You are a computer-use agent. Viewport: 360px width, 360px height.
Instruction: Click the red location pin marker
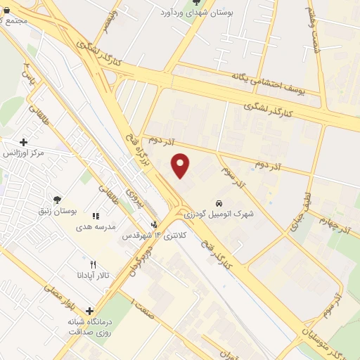(181, 165)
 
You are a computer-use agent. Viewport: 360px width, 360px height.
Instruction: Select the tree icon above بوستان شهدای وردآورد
(196, 2)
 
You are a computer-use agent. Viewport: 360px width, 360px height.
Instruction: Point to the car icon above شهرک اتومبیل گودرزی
(219, 202)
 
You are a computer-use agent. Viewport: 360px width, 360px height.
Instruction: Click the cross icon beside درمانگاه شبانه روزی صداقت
(89, 311)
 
